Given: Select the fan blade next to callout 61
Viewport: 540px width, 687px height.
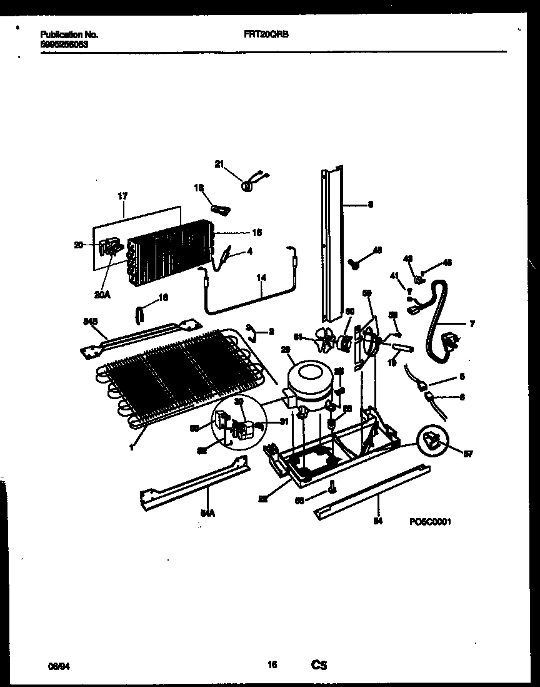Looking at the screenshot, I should (x=325, y=340).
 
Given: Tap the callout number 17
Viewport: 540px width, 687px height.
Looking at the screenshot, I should (x=122, y=196).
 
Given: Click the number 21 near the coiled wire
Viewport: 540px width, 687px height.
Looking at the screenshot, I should (x=219, y=165).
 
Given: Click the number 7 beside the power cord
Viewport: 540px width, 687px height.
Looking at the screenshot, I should (x=472, y=323).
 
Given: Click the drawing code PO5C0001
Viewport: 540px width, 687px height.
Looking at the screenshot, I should (x=431, y=521).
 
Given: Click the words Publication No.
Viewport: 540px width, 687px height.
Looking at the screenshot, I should (x=69, y=36).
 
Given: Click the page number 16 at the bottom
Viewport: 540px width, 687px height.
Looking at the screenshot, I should (x=272, y=666).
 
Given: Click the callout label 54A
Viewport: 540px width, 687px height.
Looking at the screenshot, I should (x=207, y=514).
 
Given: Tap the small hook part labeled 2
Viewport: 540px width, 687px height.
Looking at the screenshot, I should (x=250, y=330).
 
